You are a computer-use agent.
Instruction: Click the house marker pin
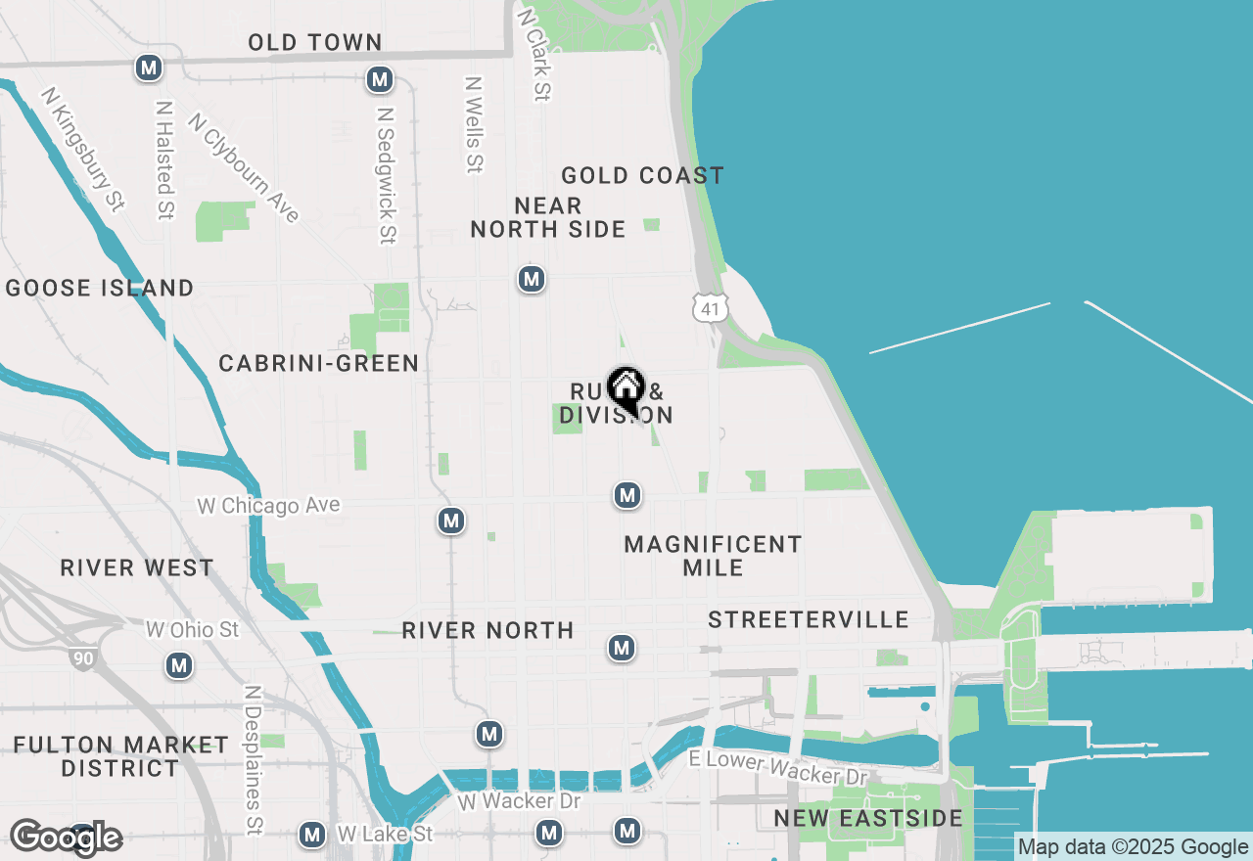[x=626, y=389]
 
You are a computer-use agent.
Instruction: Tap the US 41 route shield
[x=710, y=307]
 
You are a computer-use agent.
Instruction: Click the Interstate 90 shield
[x=83, y=657]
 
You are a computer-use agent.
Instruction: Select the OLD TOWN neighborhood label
[x=314, y=42]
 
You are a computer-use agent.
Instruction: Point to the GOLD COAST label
[x=642, y=175]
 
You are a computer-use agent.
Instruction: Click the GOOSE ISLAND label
[x=100, y=288]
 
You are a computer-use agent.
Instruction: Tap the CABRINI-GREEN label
[x=318, y=363]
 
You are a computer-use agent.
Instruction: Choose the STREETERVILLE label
[x=809, y=619]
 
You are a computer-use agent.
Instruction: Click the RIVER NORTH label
[x=487, y=630]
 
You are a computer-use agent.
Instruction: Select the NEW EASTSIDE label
[x=868, y=818]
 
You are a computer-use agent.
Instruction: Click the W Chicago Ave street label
[x=268, y=506]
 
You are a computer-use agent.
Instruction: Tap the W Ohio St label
[x=192, y=629]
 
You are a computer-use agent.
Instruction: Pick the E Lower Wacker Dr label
[x=778, y=768]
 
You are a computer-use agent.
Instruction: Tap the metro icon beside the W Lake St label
[x=312, y=835]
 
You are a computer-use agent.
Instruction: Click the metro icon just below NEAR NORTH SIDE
[x=532, y=280]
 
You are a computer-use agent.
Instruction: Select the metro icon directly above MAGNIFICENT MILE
[x=627, y=496]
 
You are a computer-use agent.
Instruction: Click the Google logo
[x=67, y=838]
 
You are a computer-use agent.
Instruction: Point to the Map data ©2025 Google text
[x=1134, y=847]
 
